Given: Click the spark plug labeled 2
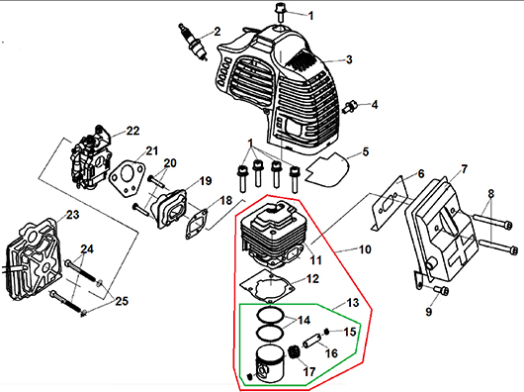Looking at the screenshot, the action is tap(193, 43).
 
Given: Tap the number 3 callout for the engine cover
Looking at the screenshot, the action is tap(349, 59).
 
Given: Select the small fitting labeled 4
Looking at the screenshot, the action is tap(350, 106).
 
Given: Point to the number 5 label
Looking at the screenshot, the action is tap(366, 151).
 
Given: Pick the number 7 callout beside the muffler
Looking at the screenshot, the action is tap(464, 169).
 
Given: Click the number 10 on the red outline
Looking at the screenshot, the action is tap(365, 249).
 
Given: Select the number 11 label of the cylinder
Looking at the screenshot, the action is tap(315, 260).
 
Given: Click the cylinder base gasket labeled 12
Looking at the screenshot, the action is tap(267, 286).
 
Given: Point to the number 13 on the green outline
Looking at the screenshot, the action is tap(353, 303).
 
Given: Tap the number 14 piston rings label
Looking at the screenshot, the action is tap(304, 320).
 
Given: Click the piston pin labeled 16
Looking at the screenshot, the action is tap(311, 343).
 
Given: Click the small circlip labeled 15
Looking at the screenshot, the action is tap(326, 332).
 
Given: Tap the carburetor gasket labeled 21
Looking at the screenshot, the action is tap(128, 178).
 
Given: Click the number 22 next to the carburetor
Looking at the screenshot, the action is tap(132, 131).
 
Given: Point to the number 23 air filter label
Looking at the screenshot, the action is tap(72, 215).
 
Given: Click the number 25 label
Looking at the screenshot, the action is tap(122, 301).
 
